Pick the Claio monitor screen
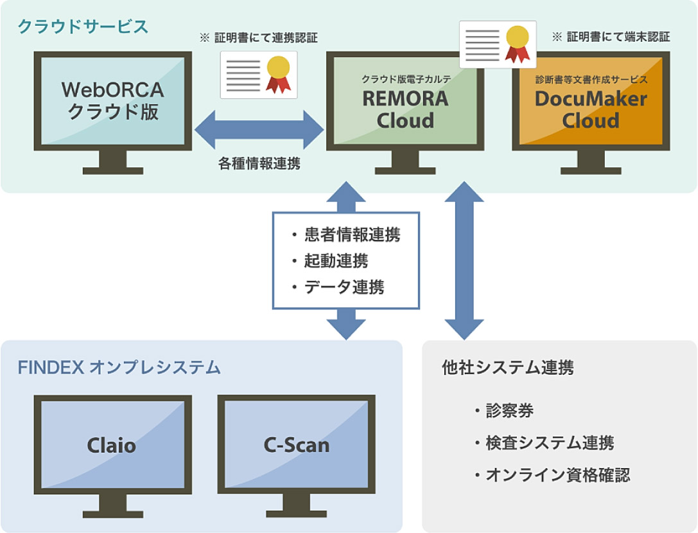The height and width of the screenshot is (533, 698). click(112, 445)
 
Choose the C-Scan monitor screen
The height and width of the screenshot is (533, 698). click(296, 445)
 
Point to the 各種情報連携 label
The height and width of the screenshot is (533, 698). click(259, 163)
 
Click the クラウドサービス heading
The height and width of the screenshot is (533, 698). click(83, 26)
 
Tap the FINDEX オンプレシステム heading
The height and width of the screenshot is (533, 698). click(119, 368)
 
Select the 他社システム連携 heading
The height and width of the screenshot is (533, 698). click(508, 368)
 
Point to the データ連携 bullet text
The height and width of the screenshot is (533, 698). click(344, 287)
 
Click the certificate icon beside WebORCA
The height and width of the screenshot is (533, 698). click(259, 75)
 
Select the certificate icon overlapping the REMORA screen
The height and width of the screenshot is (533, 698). click(498, 44)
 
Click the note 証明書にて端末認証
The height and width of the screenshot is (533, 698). click(611, 37)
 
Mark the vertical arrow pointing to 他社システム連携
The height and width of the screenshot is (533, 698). click(464, 260)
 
